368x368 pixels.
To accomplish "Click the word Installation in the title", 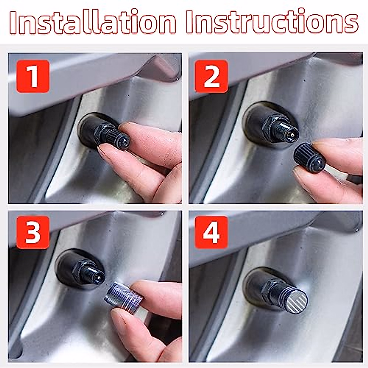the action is coord(92,22).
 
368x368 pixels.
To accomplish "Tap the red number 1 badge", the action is coord(33,76).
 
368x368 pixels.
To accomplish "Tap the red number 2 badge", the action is coord(211,76).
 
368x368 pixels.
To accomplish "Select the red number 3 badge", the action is coord(33,232).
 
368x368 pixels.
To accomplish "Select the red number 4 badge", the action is coord(211,232).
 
